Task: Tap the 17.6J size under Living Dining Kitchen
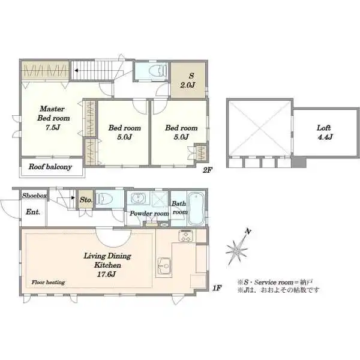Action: click(x=106, y=274)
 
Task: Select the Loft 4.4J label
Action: click(x=325, y=132)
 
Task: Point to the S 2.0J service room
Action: click(x=188, y=80)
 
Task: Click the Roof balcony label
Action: click(x=50, y=167)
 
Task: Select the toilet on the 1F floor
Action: click(x=104, y=199)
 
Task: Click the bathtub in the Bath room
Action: click(x=196, y=208)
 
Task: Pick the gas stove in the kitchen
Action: click(x=186, y=236)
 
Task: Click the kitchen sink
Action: click(x=164, y=266)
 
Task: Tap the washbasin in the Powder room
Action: click(x=138, y=198)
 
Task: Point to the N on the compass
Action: click(x=248, y=232)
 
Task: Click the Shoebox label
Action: click(x=34, y=196)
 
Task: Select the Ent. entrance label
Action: click(x=33, y=212)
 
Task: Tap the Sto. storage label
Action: click(x=86, y=200)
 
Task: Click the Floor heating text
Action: click(x=48, y=282)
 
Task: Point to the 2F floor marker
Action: click(x=208, y=170)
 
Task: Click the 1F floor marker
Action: click(x=217, y=288)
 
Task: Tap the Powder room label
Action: click(x=149, y=214)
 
